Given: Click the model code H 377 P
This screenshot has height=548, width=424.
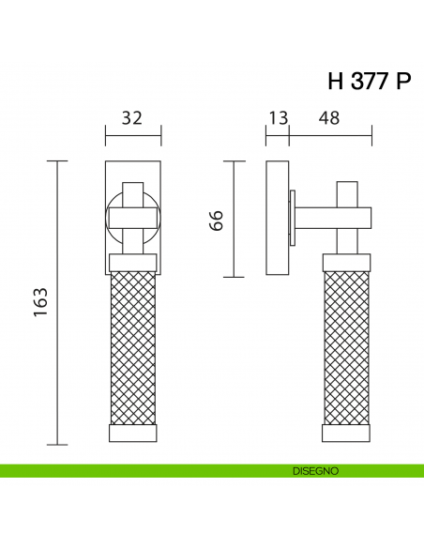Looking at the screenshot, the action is point(370,81).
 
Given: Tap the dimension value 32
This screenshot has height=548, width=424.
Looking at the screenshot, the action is point(132,118).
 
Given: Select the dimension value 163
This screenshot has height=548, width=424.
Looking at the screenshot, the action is point(40,302).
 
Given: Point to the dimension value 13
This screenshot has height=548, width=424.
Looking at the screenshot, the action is point(279,118).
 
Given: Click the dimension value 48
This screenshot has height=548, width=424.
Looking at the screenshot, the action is point(329,118).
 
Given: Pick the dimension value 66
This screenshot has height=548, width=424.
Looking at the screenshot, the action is point(216,221).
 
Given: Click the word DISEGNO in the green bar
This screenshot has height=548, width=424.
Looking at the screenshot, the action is point(316,471).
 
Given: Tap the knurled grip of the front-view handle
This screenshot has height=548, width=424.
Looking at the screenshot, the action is point(133,348).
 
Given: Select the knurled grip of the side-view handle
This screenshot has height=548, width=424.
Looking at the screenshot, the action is point(346,348).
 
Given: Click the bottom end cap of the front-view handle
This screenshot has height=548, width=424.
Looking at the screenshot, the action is point(133,434).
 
